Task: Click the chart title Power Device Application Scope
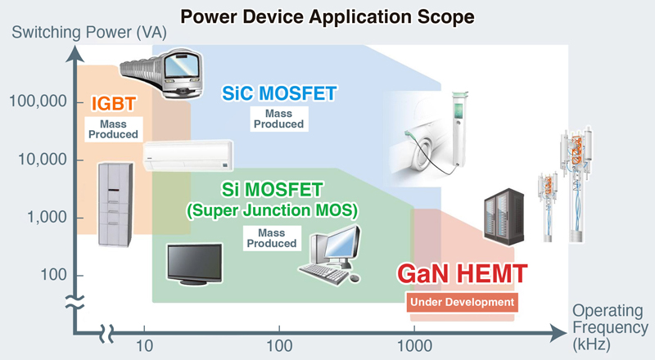(327, 15)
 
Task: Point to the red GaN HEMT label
(461, 273)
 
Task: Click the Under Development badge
(463, 303)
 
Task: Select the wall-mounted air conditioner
(188, 155)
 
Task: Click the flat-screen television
(195, 264)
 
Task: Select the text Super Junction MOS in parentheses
(270, 210)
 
